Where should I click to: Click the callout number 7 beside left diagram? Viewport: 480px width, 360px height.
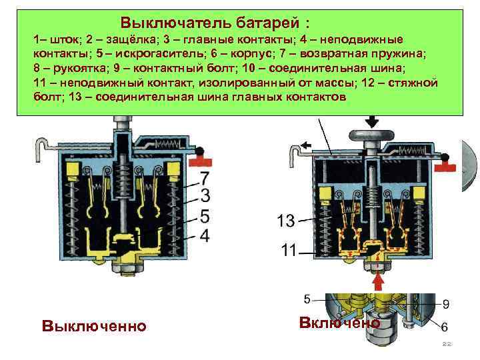click(x=205, y=178)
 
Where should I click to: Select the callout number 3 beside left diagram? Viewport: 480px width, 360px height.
click(x=205, y=195)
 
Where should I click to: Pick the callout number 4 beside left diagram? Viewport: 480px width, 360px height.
click(x=205, y=235)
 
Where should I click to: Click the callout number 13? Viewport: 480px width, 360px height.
click(x=285, y=220)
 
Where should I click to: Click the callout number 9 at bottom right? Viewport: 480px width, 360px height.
click(x=446, y=304)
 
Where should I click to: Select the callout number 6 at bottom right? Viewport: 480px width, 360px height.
click(x=444, y=327)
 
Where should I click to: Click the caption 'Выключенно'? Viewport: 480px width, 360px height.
click(x=93, y=327)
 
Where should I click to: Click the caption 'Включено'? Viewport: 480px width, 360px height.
click(x=339, y=323)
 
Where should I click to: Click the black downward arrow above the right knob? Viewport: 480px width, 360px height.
click(x=371, y=121)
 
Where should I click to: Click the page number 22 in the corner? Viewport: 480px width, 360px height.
click(x=447, y=344)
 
